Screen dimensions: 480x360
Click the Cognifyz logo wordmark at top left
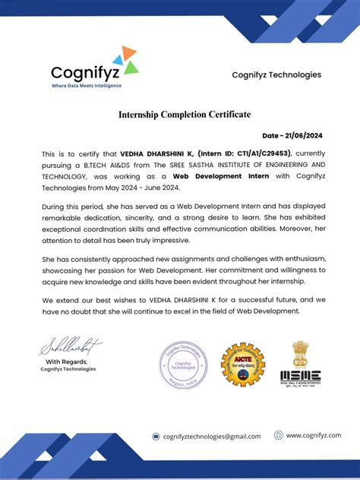click(x=82, y=73)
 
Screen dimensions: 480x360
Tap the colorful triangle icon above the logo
click(x=125, y=60)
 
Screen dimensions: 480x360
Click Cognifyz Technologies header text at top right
click(x=276, y=74)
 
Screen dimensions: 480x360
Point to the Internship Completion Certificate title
click(x=184, y=115)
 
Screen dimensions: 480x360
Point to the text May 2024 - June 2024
click(x=144, y=187)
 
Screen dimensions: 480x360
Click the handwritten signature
click(x=70, y=349)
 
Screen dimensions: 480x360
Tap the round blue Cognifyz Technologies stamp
click(x=182, y=365)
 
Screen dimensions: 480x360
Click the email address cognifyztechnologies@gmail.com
click(x=212, y=436)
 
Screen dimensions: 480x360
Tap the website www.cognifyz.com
click(x=312, y=434)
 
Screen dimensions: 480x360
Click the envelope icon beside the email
click(x=156, y=436)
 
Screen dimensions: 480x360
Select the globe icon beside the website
click(x=279, y=434)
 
